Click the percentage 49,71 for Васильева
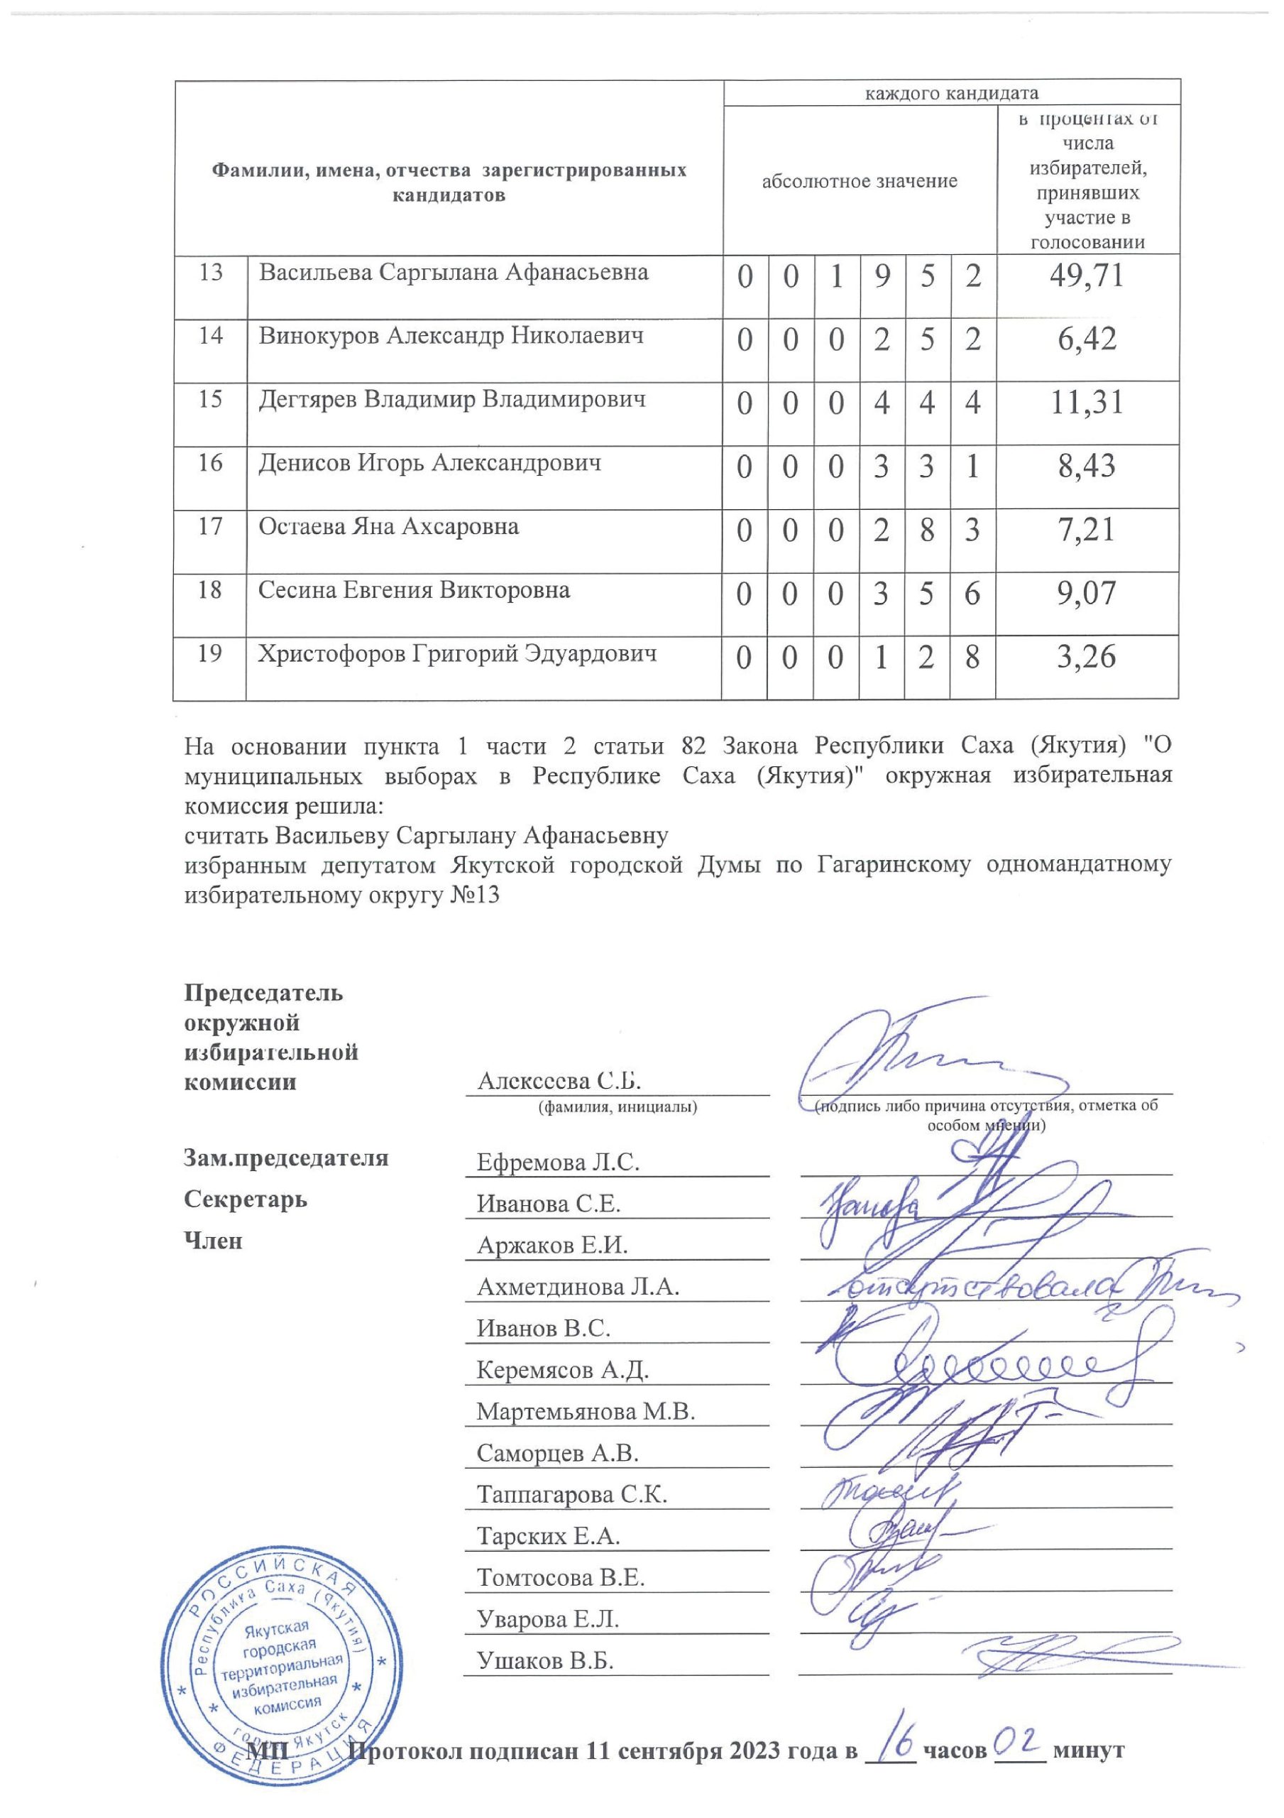(x=1086, y=276)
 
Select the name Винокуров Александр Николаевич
(x=451, y=336)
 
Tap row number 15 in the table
(x=210, y=399)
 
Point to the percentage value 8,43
(x=1086, y=467)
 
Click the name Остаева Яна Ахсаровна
(x=389, y=526)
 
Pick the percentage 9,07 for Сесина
(x=1086, y=593)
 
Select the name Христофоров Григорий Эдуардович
(x=458, y=654)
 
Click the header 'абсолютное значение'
(x=859, y=181)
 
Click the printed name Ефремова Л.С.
(x=557, y=1163)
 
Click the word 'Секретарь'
(x=246, y=1199)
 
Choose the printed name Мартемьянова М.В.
(x=585, y=1412)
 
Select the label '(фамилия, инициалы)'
(x=618, y=1107)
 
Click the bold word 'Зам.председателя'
(x=286, y=1158)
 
